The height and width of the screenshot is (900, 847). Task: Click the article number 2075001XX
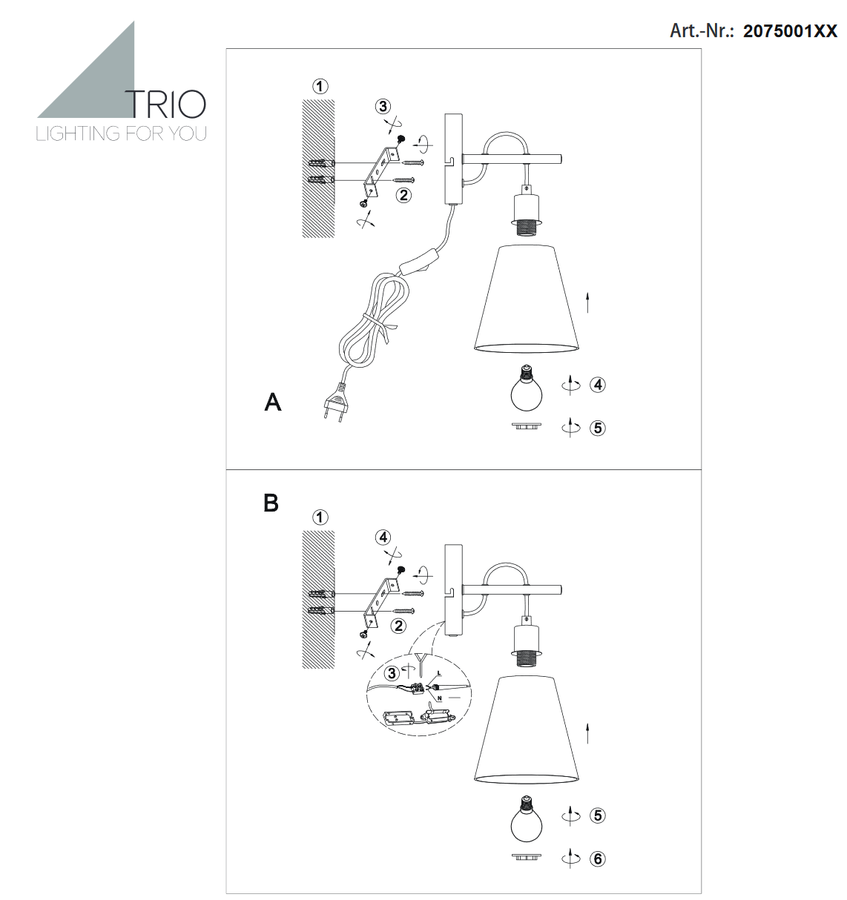[790, 31]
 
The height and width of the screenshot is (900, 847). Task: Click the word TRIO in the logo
[165, 105]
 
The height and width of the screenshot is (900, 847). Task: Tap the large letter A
[272, 402]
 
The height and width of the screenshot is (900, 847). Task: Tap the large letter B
[271, 503]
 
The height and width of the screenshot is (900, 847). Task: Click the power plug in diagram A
[334, 401]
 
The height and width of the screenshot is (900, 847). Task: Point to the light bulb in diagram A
[527, 388]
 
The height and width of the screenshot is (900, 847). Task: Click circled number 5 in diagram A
[598, 428]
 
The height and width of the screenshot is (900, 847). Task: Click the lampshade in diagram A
[527, 299]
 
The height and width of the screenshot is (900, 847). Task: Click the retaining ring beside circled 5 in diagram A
[527, 426]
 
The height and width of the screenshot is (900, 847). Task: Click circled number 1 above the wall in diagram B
[320, 517]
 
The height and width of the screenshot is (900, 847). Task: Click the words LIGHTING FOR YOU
[121, 133]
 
